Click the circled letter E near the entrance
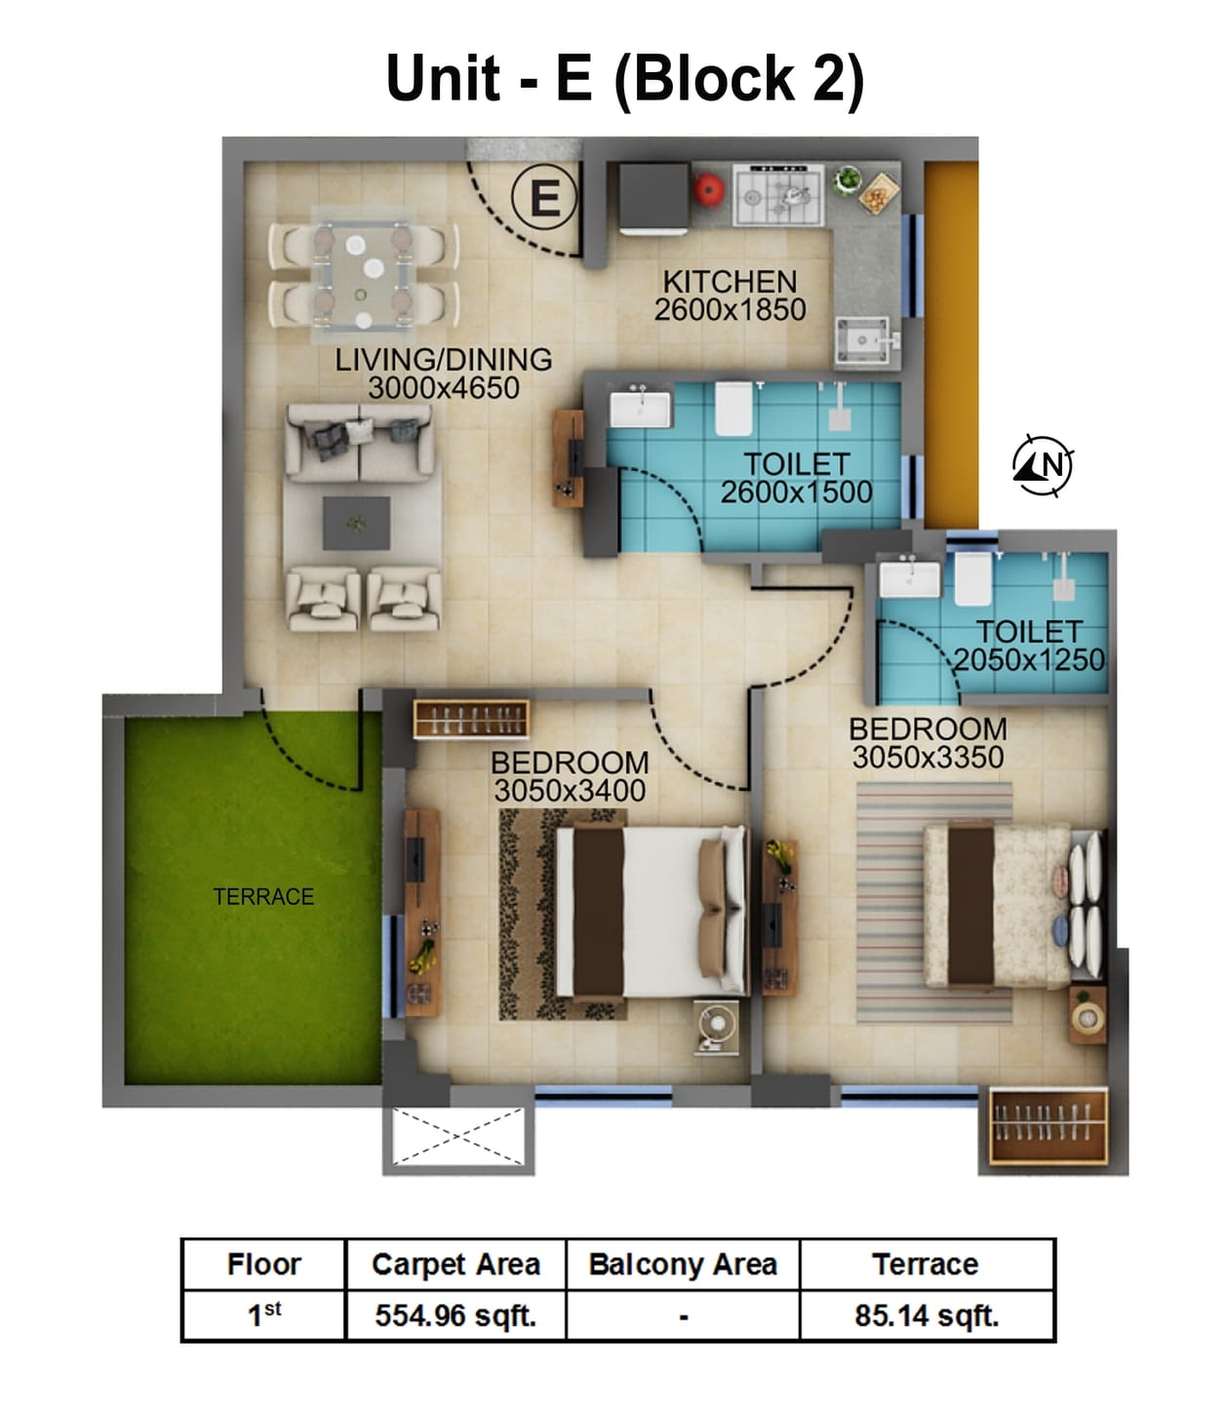(543, 198)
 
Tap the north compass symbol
(1042, 465)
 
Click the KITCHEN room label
(730, 282)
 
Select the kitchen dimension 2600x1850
(730, 310)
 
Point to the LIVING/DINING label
(443, 360)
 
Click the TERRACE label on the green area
(263, 896)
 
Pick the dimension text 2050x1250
(1029, 660)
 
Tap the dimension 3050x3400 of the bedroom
(570, 790)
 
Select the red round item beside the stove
(708, 190)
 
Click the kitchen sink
(863, 341)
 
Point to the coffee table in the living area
(357, 524)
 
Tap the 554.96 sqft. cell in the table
(455, 1316)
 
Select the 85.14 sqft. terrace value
(927, 1316)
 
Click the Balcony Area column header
(683, 1265)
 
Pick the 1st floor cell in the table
(263, 1316)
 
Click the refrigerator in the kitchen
(652, 199)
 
